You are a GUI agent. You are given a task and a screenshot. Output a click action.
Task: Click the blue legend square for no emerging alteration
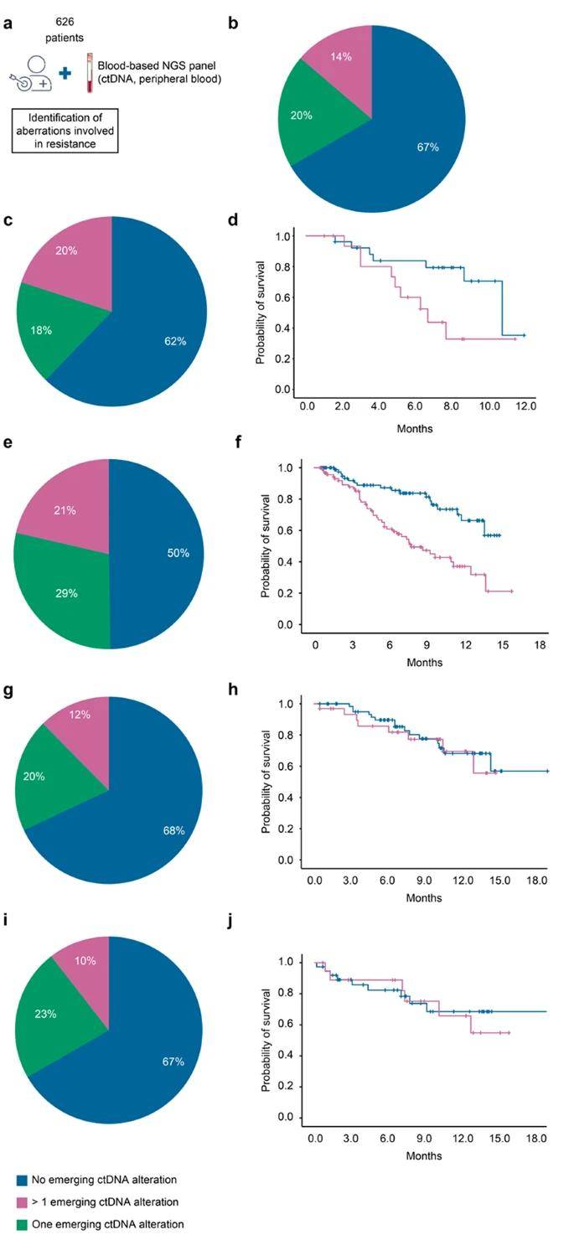[x=22, y=1180]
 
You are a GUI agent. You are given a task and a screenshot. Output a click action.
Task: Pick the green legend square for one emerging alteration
[x=22, y=1224]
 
